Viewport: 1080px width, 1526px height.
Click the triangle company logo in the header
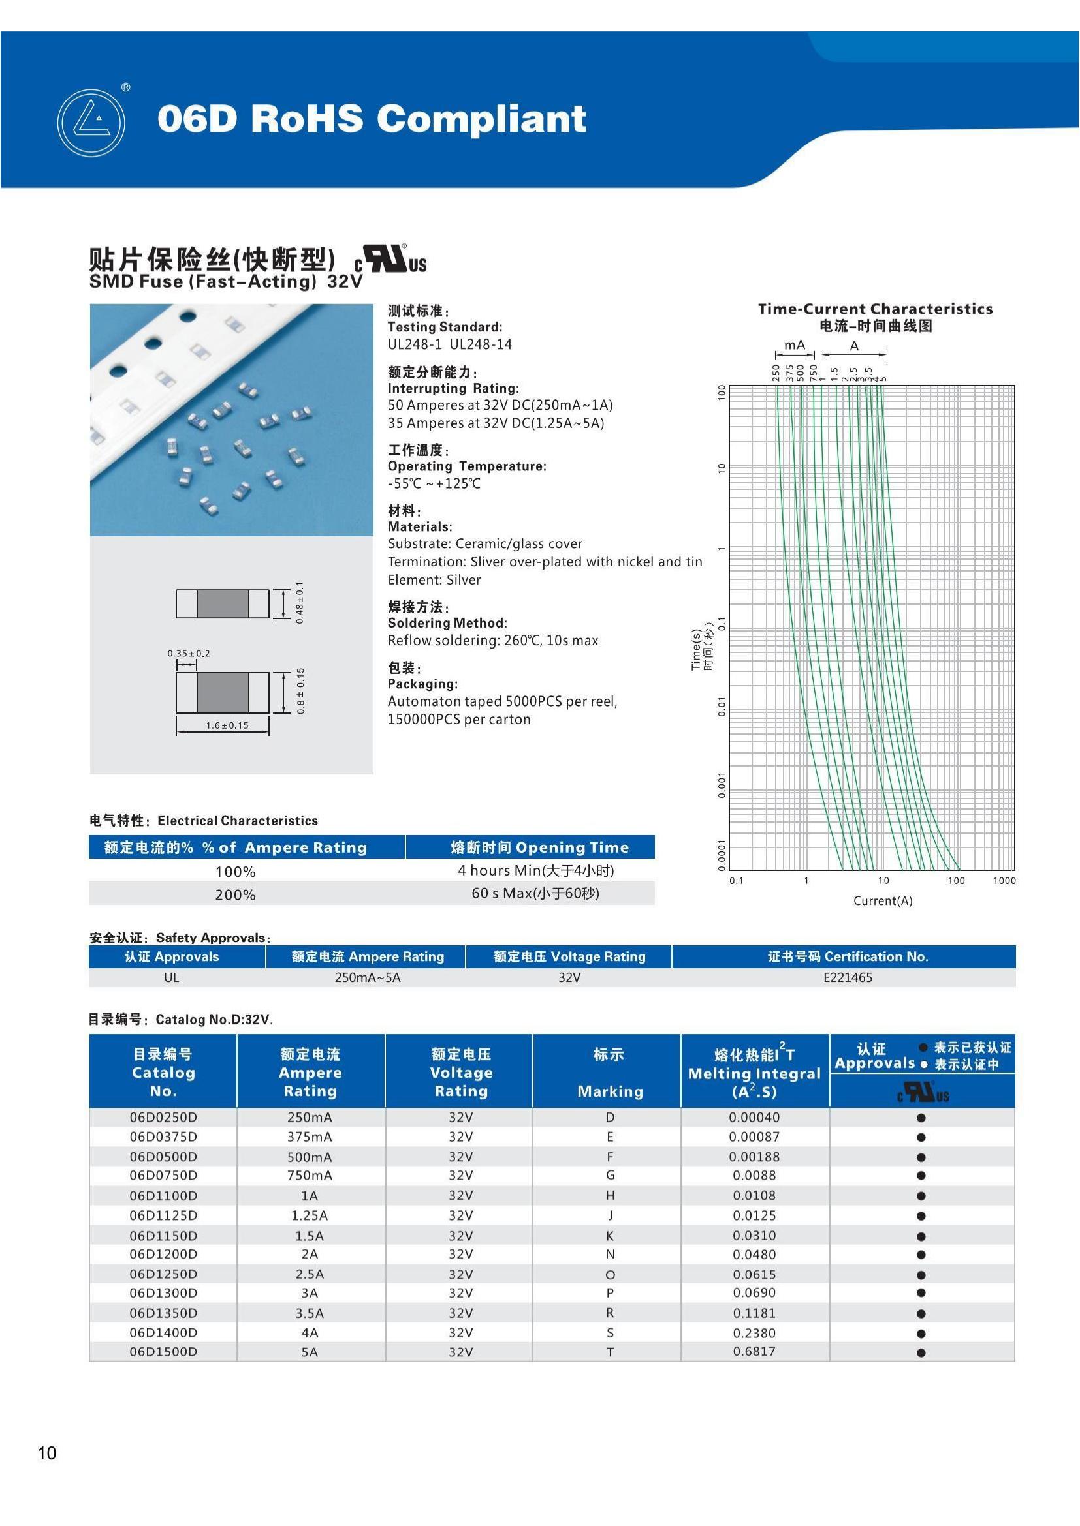click(x=91, y=123)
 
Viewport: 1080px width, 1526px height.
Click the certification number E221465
click(x=848, y=977)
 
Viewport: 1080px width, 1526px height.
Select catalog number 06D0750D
click(x=163, y=1175)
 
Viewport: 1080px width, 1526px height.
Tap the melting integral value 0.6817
click(x=754, y=1351)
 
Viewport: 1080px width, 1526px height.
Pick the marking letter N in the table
click(x=610, y=1254)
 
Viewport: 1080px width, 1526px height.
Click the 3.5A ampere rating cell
click(x=310, y=1313)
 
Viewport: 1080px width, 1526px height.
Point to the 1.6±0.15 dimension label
click(x=227, y=725)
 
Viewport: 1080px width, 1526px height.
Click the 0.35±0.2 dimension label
click(x=188, y=653)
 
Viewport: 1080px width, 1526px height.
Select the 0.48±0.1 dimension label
click(x=300, y=603)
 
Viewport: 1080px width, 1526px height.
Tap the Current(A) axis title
click(x=883, y=900)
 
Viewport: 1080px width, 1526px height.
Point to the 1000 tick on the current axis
click(x=1004, y=881)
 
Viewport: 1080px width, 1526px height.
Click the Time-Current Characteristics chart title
click(x=875, y=309)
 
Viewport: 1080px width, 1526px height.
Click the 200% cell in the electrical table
click(x=236, y=894)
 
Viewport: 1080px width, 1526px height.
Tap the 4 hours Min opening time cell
click(x=535, y=870)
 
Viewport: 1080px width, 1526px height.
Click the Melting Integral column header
click(x=754, y=1073)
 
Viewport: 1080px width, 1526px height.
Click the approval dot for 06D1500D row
click(x=921, y=1352)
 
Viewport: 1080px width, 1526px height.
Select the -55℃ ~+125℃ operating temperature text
click(x=434, y=484)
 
